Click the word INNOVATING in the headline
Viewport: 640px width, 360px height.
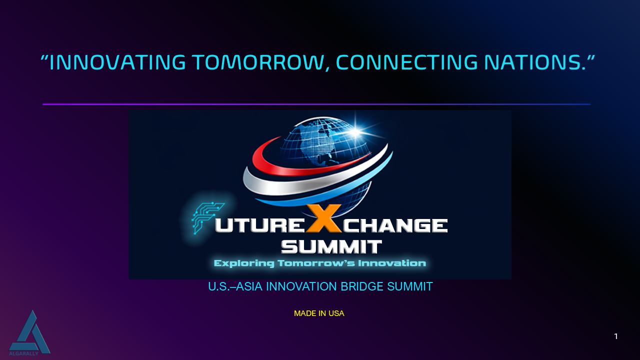(117, 62)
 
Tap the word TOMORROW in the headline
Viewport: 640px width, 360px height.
(258, 62)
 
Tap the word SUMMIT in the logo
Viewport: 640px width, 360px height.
(331, 247)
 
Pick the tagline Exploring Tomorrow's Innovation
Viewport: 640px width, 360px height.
(320, 263)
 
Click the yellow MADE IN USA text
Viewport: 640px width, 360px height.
(319, 313)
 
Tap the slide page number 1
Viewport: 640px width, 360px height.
(615, 336)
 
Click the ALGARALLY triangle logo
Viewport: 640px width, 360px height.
(29, 333)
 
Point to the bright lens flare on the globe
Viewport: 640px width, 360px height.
(355, 132)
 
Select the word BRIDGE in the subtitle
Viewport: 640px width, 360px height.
(362, 286)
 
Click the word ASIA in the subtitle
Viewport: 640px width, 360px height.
(249, 286)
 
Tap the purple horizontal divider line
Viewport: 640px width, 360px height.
(316, 104)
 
